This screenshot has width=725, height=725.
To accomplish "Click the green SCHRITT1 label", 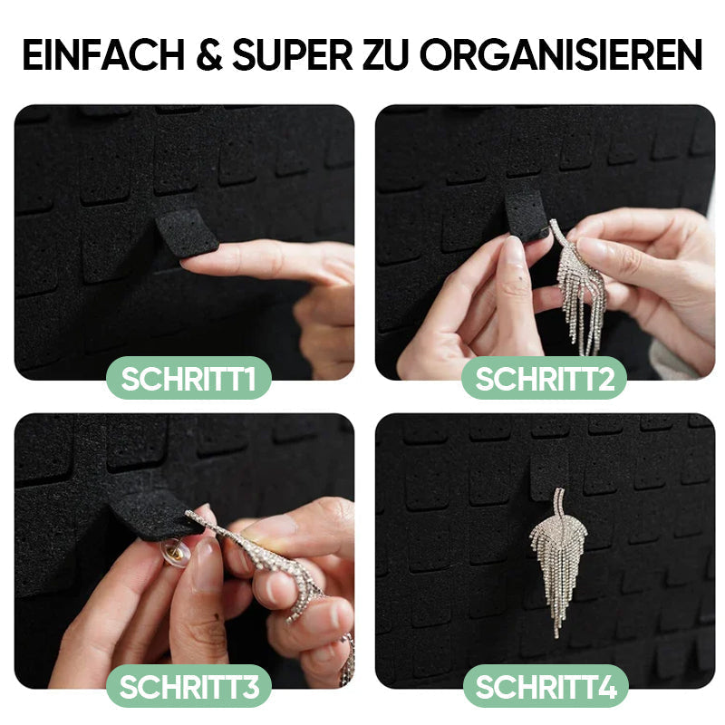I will click(188, 379).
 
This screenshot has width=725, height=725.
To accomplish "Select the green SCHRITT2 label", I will click(545, 379).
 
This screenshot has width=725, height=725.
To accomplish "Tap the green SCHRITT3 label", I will click(188, 687).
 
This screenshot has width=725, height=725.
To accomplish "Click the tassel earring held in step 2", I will click(580, 290).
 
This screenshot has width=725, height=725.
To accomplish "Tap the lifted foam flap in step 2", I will click(526, 214).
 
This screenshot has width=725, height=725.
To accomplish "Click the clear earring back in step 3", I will click(175, 550).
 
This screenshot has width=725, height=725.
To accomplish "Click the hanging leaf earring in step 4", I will click(556, 562).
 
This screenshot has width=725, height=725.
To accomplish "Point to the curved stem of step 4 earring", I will click(560, 503).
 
